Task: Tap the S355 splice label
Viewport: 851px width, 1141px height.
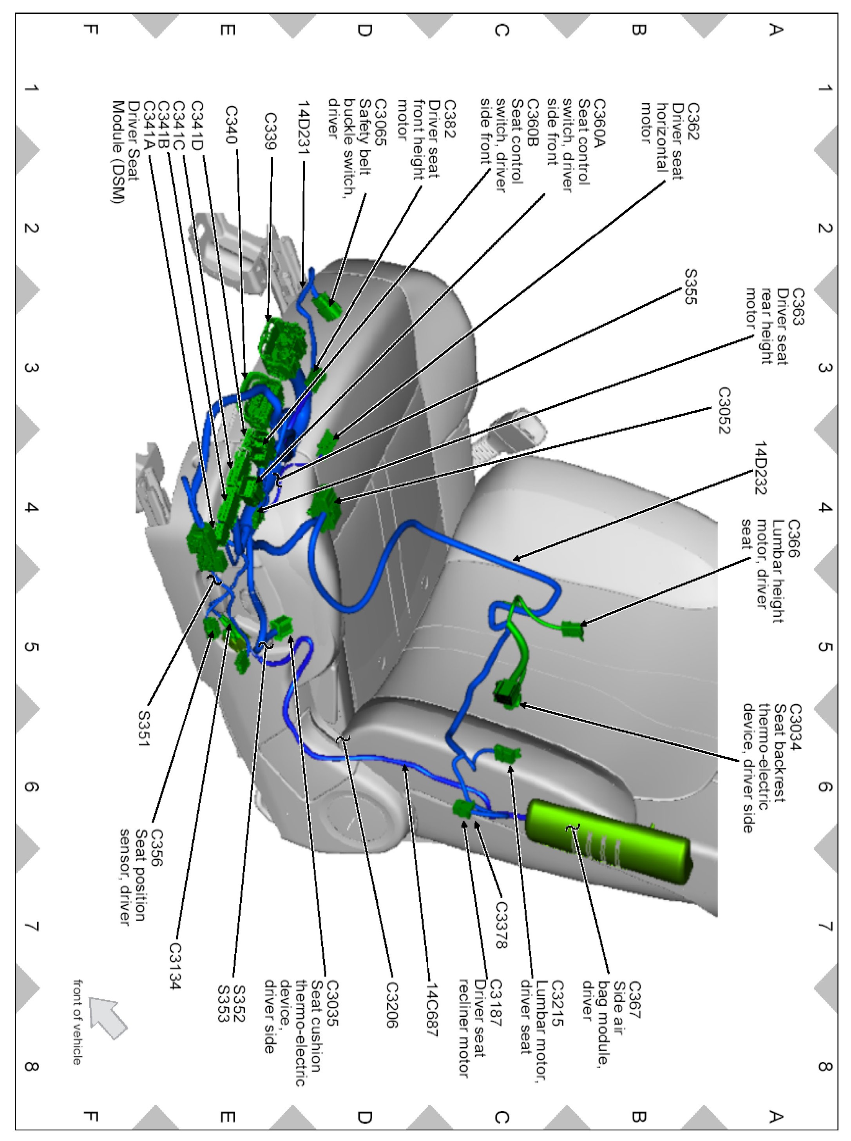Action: coord(690,286)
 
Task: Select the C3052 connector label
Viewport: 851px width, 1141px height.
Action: coord(724,411)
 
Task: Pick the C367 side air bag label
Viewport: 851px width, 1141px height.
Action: coord(634,1000)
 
